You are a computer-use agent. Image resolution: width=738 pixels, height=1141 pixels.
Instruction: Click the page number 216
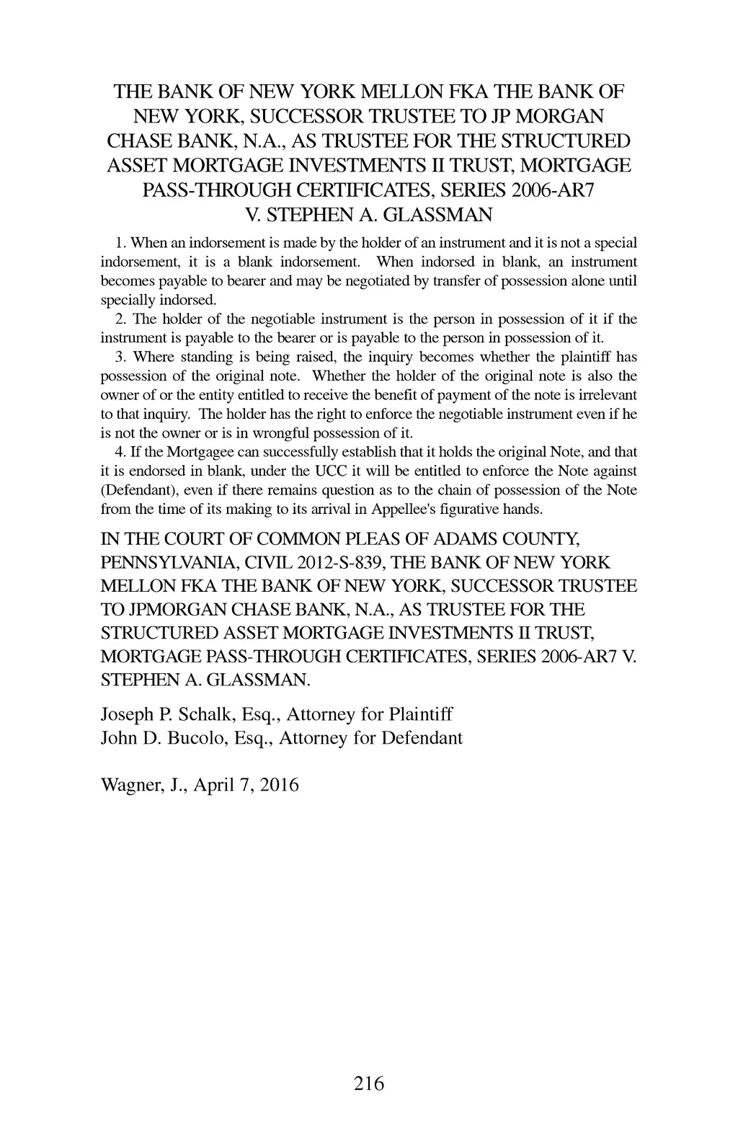pos(369,1083)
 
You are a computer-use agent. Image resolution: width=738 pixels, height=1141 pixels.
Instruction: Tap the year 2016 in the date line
pos(279,784)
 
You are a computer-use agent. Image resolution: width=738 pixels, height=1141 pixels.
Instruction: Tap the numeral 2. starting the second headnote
pos(121,319)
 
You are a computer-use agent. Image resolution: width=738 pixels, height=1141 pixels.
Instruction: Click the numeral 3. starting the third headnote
pos(121,357)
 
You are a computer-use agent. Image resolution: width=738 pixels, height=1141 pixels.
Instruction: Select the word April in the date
pos(209,785)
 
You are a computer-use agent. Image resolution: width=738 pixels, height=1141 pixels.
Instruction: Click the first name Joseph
pos(127,714)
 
